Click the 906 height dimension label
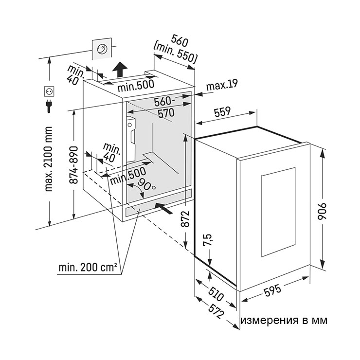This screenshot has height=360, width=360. point(322,211)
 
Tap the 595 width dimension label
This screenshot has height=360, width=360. point(272,290)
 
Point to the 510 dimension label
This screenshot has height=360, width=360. point(216,293)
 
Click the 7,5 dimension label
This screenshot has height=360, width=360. point(207,240)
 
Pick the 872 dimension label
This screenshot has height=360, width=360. point(185,218)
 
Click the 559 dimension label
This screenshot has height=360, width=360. point(222,112)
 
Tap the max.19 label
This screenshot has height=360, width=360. point(221,85)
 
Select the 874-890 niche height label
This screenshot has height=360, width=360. point(73,165)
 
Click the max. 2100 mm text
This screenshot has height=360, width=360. point(49,159)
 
